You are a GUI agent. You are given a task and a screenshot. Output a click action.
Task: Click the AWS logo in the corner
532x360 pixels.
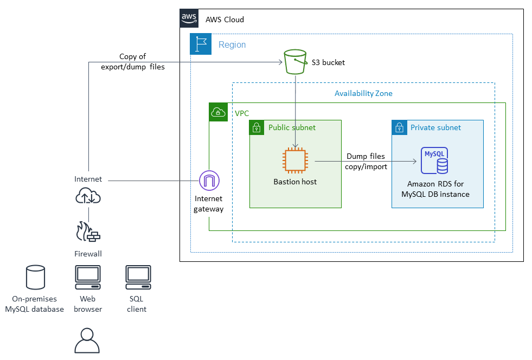[x=189, y=18]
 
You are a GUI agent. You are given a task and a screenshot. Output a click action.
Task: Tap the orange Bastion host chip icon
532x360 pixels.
[x=295, y=161]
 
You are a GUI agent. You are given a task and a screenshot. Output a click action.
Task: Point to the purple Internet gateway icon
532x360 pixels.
[x=209, y=181]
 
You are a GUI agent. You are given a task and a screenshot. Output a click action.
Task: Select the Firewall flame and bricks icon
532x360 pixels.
[x=88, y=231]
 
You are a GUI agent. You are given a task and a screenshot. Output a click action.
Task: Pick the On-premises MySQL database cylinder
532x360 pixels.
[x=35, y=277]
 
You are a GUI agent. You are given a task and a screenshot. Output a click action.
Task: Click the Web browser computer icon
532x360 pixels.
[x=87, y=278]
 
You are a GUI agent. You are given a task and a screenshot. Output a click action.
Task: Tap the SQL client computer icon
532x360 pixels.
[x=138, y=278]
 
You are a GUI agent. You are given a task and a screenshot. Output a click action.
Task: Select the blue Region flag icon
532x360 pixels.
[x=201, y=44]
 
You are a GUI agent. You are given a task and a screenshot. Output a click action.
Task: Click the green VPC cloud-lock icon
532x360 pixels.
[x=218, y=112]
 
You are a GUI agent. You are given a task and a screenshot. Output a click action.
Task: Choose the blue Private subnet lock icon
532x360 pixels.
[x=400, y=128]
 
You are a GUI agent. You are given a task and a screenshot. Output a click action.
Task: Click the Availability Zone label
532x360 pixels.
[x=363, y=93]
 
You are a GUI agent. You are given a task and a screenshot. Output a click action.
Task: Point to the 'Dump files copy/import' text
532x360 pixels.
[x=366, y=162]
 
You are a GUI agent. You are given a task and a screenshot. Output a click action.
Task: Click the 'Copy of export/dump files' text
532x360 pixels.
[x=133, y=62]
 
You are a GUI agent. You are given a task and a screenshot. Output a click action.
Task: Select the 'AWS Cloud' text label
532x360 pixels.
[x=225, y=20]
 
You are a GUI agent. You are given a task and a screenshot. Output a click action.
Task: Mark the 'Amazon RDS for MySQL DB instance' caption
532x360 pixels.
[x=439, y=189]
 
